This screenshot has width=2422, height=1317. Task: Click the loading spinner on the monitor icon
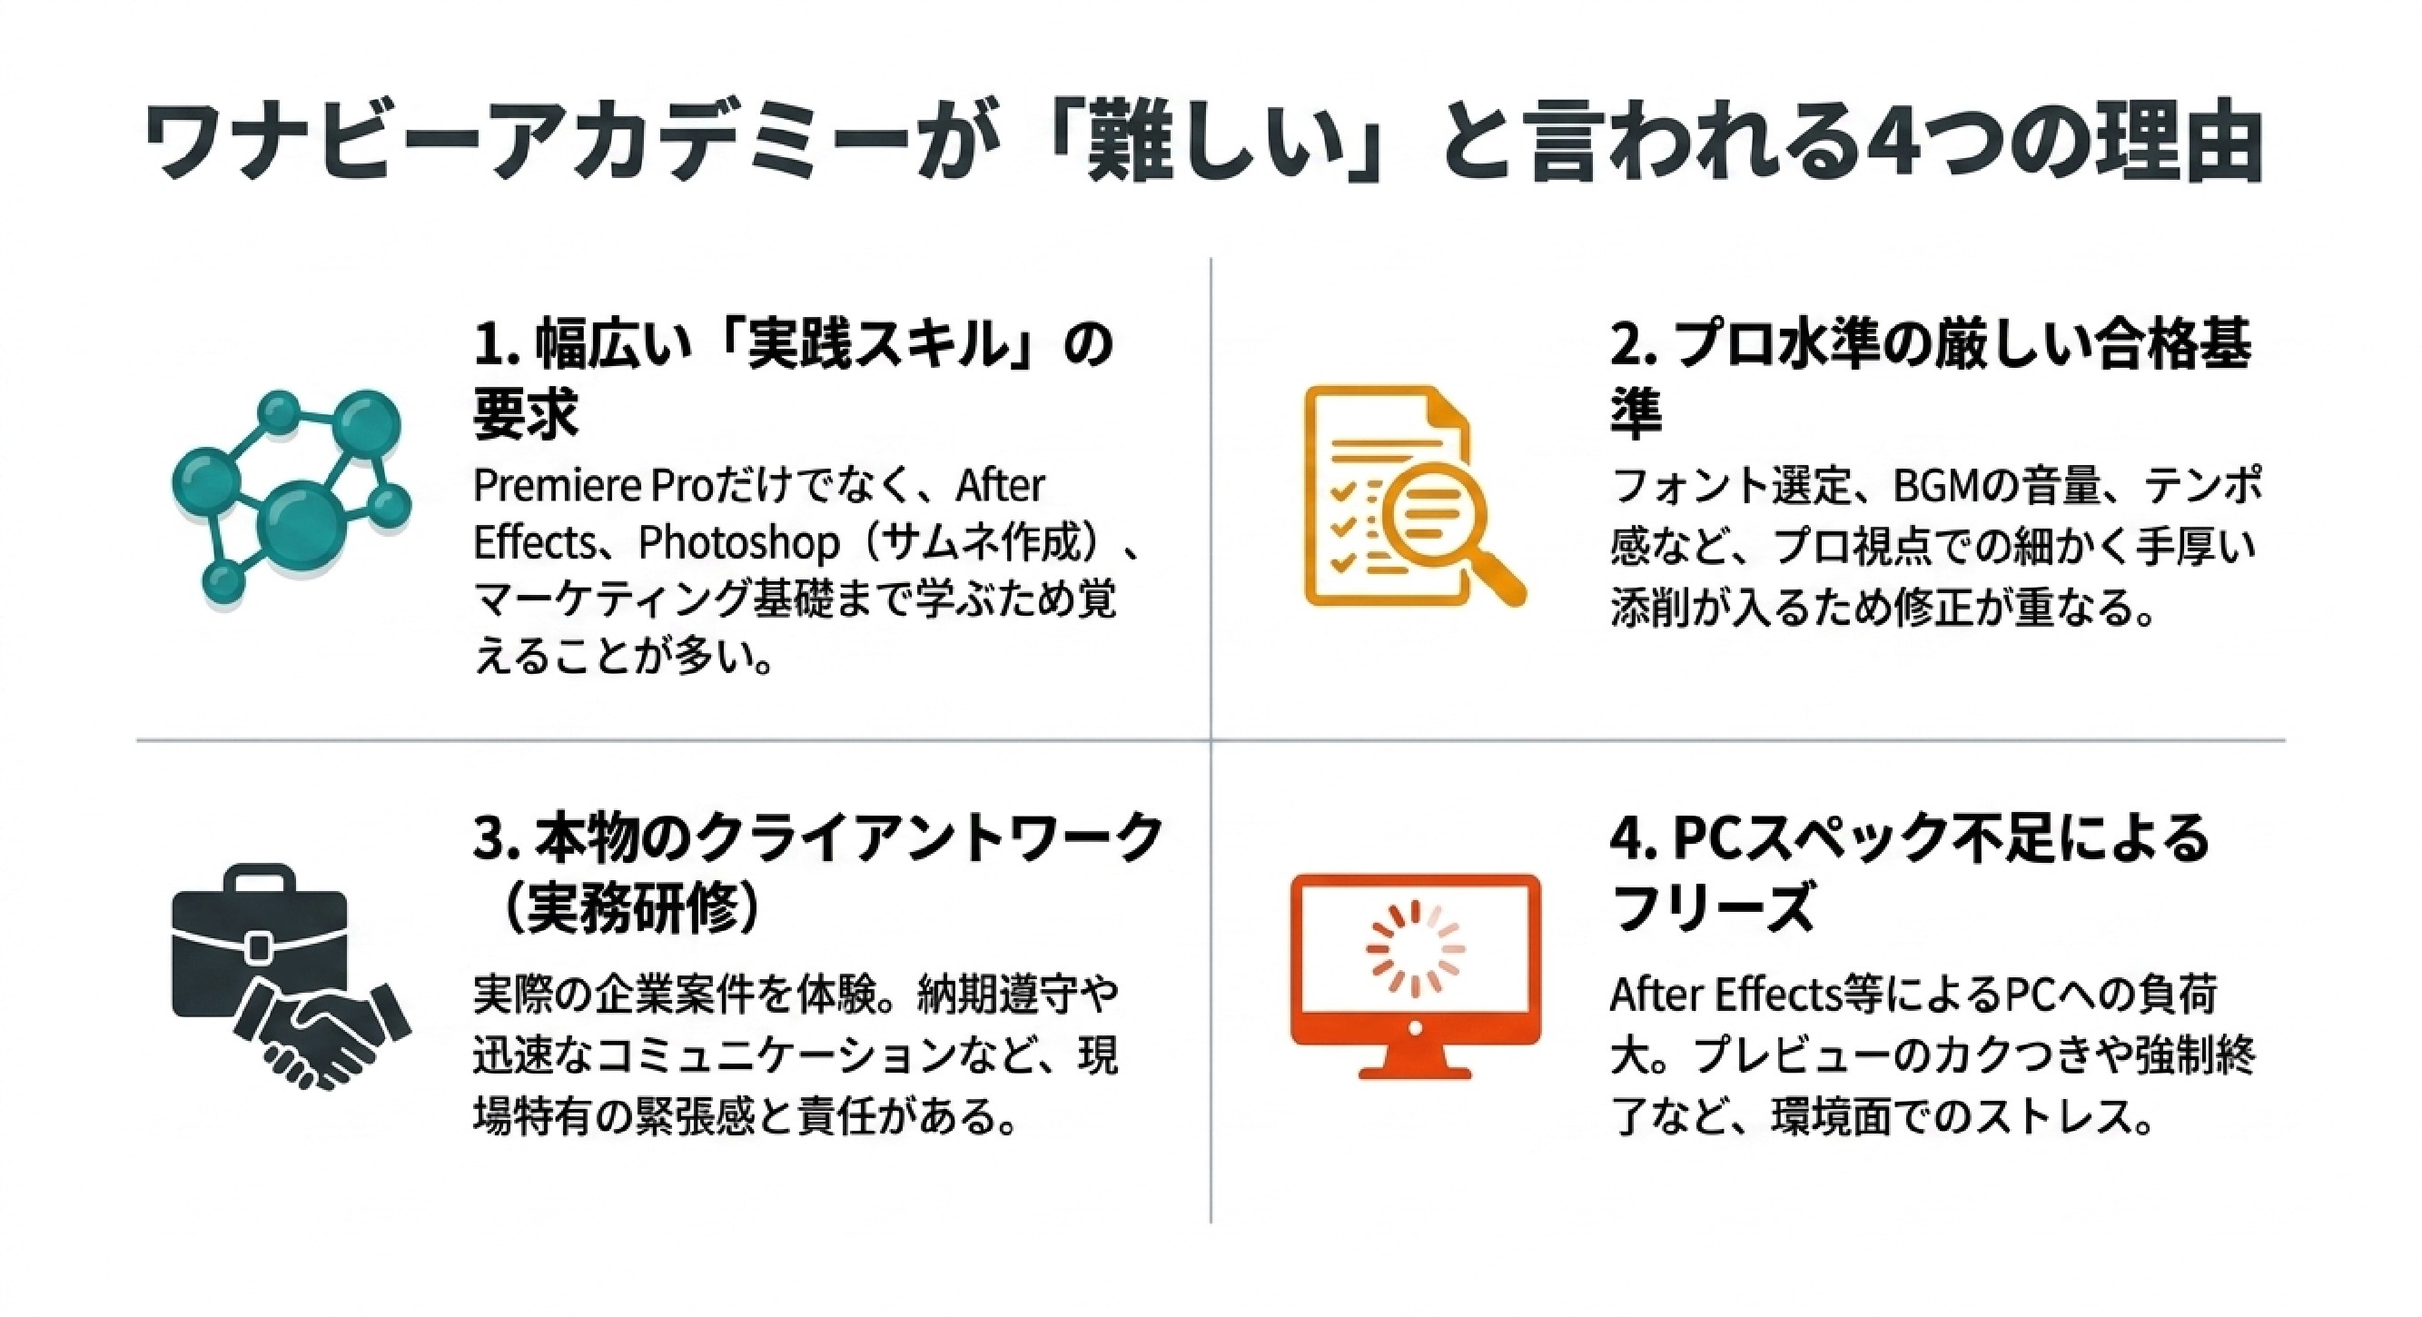1414,950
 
